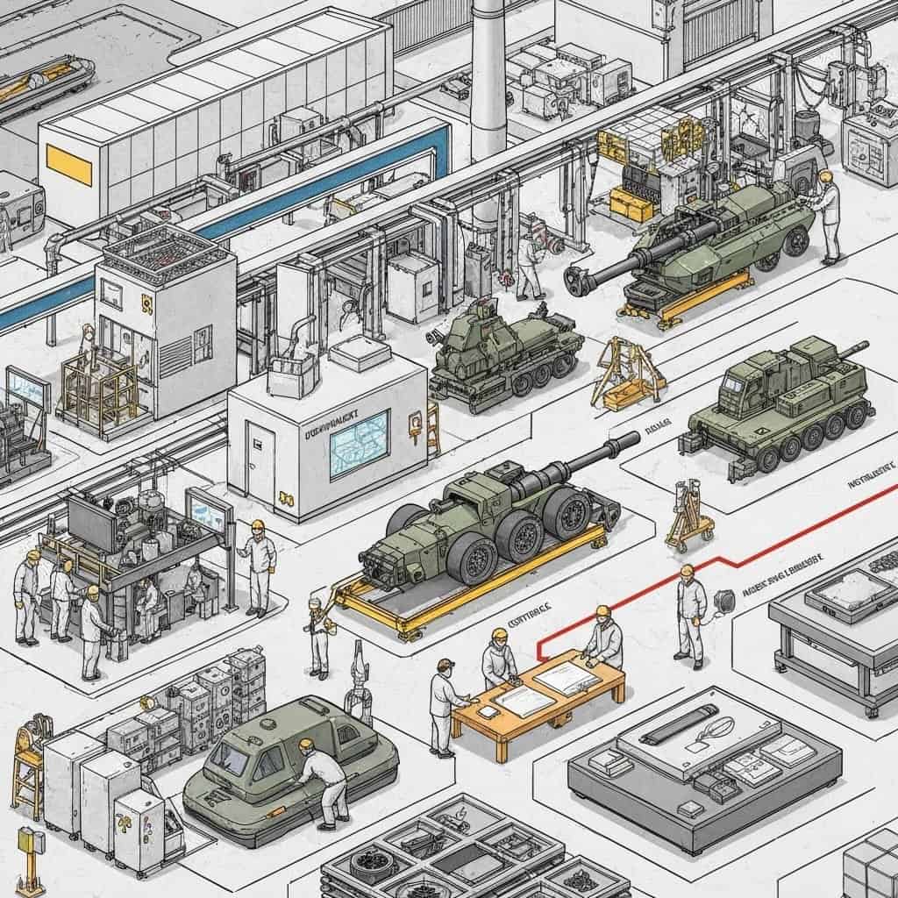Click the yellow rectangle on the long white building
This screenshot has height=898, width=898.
tap(68, 164)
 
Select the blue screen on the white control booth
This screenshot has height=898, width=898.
tap(359, 444)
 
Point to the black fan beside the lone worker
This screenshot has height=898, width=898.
tap(724, 602)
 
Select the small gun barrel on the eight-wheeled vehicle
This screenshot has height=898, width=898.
tap(849, 350)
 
